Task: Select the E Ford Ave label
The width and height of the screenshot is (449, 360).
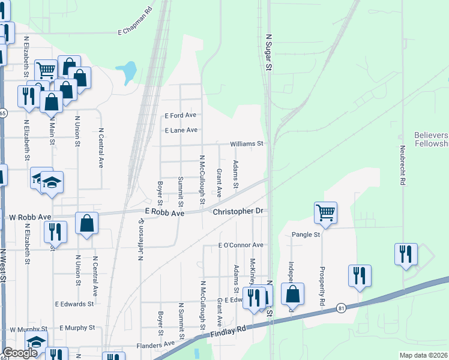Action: click(x=181, y=115)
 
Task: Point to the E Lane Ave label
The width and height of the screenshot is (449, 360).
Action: click(x=181, y=130)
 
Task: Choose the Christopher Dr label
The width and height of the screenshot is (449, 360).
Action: click(x=238, y=211)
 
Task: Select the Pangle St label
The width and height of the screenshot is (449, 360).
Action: click(x=306, y=235)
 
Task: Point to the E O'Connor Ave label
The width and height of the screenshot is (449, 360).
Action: click(x=241, y=245)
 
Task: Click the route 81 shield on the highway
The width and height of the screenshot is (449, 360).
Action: click(x=342, y=308)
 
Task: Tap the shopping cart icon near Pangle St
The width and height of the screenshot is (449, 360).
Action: click(x=325, y=212)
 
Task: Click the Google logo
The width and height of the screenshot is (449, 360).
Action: click(x=20, y=353)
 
